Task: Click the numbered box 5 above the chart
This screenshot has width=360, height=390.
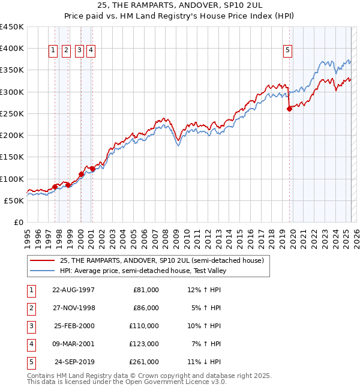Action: click(288, 51)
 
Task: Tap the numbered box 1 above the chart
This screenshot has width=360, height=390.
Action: click(54, 51)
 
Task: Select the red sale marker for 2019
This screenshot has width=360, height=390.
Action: click(289, 109)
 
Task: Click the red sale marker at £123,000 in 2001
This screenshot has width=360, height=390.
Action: click(92, 169)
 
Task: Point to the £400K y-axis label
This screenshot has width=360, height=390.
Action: click(12, 49)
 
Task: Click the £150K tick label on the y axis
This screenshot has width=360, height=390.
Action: click(12, 157)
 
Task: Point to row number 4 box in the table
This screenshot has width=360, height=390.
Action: click(31, 344)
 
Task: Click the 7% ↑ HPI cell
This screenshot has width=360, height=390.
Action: click(206, 344)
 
